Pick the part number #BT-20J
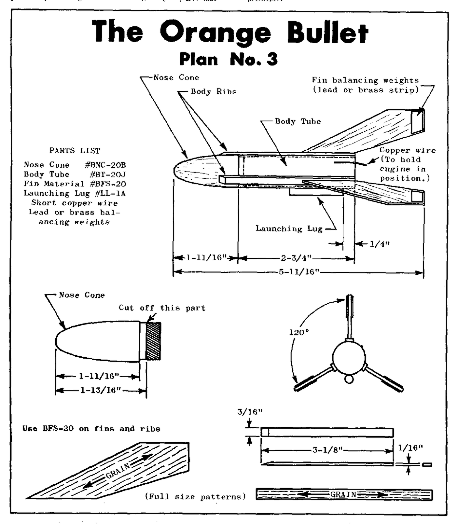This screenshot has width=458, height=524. [x=108, y=174]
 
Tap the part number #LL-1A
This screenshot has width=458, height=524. [x=110, y=193]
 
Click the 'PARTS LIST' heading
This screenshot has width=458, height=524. [x=75, y=151]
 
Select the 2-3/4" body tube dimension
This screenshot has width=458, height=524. [x=296, y=258]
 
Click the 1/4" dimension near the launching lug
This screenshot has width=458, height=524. [x=379, y=244]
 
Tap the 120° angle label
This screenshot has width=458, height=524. [x=299, y=332]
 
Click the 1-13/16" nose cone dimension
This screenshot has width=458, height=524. [x=101, y=390]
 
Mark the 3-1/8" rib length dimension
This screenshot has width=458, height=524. [x=327, y=450]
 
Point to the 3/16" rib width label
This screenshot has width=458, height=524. [x=250, y=412]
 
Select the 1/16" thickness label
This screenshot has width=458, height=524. [x=410, y=447]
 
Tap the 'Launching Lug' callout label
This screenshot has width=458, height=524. [x=289, y=229]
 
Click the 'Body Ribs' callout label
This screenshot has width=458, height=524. [x=213, y=92]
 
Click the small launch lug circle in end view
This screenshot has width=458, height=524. [x=349, y=379]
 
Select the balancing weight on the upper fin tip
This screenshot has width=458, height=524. [x=418, y=121]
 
